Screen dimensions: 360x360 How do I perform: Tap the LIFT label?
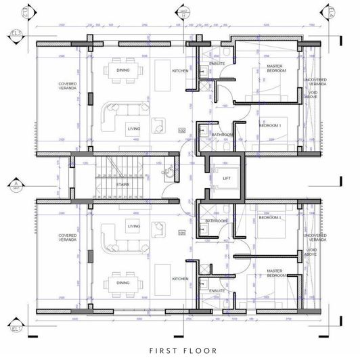[x=227, y=179]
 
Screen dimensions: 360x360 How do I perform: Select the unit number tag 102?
[x=181, y=129]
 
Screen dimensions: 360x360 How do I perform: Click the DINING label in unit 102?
[x=123, y=70]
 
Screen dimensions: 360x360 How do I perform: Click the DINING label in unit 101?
[x=123, y=283]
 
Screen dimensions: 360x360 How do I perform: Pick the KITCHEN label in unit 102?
[x=180, y=70]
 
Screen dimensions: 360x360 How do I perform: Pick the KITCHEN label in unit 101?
[x=180, y=278]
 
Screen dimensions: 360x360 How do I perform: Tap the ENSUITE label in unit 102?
[x=217, y=64]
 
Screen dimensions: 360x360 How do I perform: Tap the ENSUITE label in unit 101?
[x=217, y=290]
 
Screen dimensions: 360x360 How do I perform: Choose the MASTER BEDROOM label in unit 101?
[x=275, y=273]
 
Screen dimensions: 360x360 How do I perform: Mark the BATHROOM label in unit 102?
[x=222, y=135]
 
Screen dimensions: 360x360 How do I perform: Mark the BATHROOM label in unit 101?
[x=217, y=221]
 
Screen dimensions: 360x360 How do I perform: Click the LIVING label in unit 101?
[x=134, y=226]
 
